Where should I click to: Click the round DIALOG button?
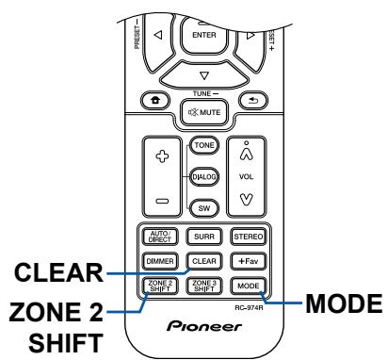pyautogui.click(x=201, y=175)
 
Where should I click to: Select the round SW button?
pyautogui.click(x=201, y=206)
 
